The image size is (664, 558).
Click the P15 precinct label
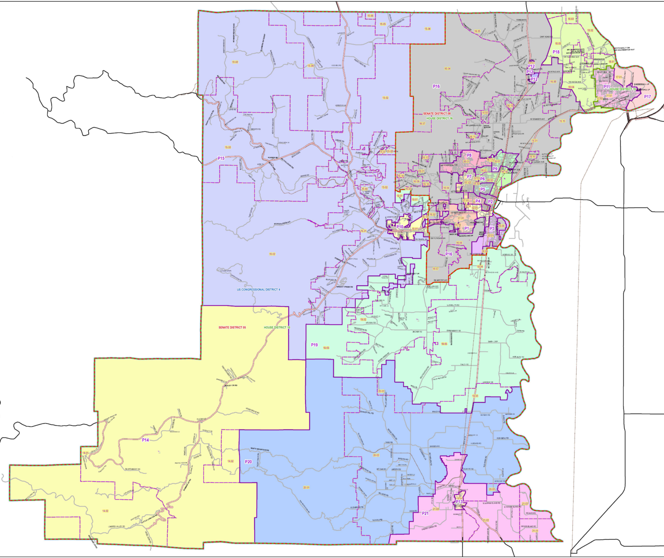coord(221,158)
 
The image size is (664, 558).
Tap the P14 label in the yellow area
coord(145,440)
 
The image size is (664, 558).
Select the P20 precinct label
coord(248,462)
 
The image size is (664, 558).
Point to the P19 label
coord(314,345)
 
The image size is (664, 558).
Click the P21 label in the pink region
coord(425,513)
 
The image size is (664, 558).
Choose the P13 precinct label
coord(459,502)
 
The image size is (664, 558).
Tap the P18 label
coord(556,52)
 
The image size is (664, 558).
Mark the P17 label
coord(647,97)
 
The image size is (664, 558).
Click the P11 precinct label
coord(607,87)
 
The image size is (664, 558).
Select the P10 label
coord(400,226)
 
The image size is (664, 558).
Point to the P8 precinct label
coord(469,155)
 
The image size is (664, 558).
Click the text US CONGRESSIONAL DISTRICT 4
coord(259,289)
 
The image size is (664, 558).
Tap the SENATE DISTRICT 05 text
coord(232,328)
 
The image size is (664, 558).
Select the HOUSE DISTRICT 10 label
coord(277,328)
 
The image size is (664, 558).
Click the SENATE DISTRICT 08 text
coord(437,114)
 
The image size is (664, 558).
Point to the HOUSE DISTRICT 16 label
coord(439,118)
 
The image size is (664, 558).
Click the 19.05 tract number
coord(326,348)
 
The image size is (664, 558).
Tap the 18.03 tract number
coord(571,19)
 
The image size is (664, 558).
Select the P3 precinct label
coord(492,229)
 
